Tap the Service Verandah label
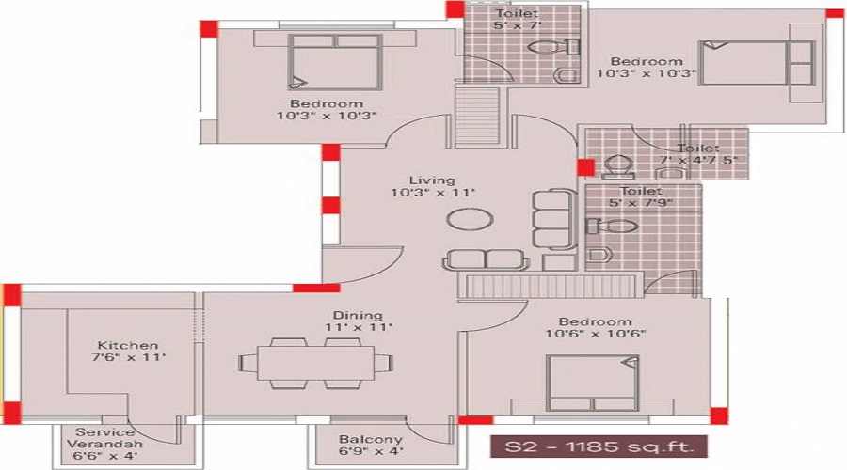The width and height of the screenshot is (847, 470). click(104, 443)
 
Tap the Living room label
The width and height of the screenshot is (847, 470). click(432, 180)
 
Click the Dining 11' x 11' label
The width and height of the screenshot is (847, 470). click(357, 321)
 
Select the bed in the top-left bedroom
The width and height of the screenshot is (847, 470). click(334, 62)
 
